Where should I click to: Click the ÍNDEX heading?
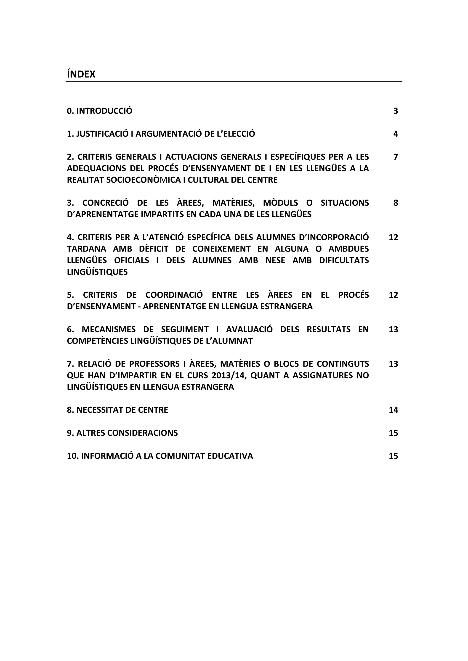point(81,74)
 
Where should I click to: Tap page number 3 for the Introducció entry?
point(395,111)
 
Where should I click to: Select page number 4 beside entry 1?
point(395,134)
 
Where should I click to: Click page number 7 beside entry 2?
point(395,157)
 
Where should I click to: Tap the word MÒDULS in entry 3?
point(280,203)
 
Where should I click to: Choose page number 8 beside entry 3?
point(395,203)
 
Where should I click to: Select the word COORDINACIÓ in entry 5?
point(174,295)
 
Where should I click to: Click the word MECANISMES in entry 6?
point(108,329)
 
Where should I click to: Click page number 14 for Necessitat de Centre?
point(393,410)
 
